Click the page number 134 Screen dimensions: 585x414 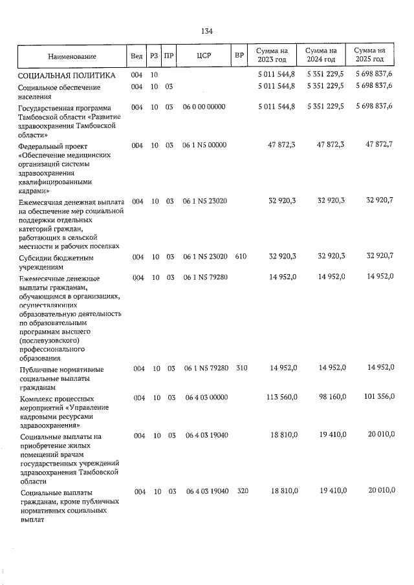pos(207,30)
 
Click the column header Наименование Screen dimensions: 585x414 pos(72,56)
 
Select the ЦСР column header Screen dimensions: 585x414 pos(204,56)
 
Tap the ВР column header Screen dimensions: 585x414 pos(239,56)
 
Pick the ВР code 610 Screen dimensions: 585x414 pos(241,257)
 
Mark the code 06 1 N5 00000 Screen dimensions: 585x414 pos(204,145)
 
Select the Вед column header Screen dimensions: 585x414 pos(136,56)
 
